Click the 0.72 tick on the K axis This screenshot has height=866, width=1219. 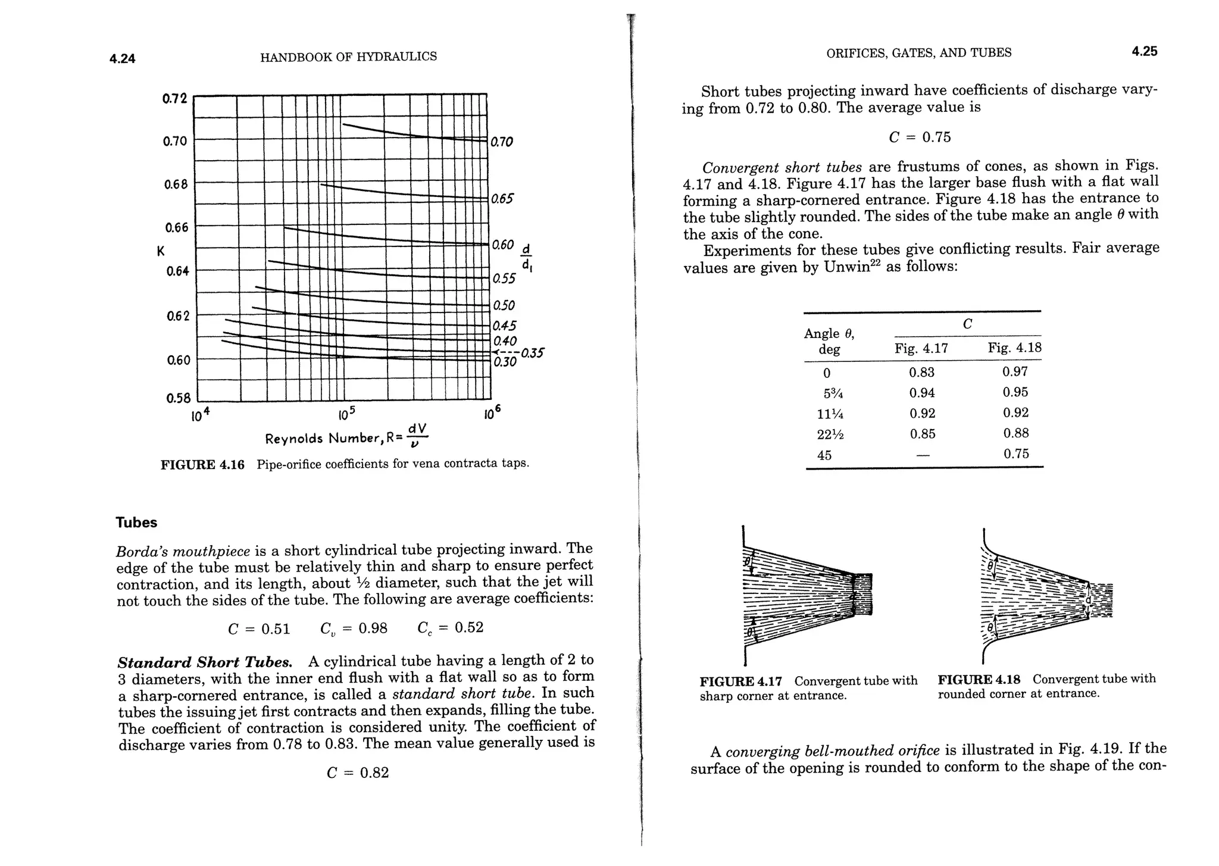(174, 98)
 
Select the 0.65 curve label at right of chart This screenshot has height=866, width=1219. (502, 199)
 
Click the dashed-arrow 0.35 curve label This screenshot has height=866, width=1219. (532, 353)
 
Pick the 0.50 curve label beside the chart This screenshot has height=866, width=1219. (503, 305)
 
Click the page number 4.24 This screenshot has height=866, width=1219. (123, 58)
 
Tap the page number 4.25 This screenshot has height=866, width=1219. (1144, 51)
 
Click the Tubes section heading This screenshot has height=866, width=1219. (136, 523)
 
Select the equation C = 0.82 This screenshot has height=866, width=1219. (358, 773)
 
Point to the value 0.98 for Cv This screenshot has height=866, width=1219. (373, 629)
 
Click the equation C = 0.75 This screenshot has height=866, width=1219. (920, 137)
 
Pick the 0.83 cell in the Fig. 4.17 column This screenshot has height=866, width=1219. (921, 373)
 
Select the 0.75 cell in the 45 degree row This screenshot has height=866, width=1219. (1015, 454)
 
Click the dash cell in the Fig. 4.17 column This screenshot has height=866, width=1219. (922, 455)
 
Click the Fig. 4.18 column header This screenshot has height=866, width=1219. (1014, 348)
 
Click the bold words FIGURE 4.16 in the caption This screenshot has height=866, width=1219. (202, 465)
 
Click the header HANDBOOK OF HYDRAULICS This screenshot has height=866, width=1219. (348, 57)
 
